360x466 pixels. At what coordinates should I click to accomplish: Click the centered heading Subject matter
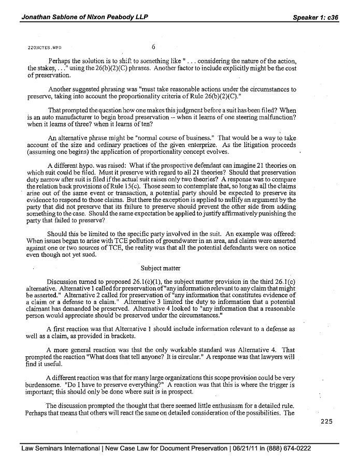pyautogui.click(x=161, y=268)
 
